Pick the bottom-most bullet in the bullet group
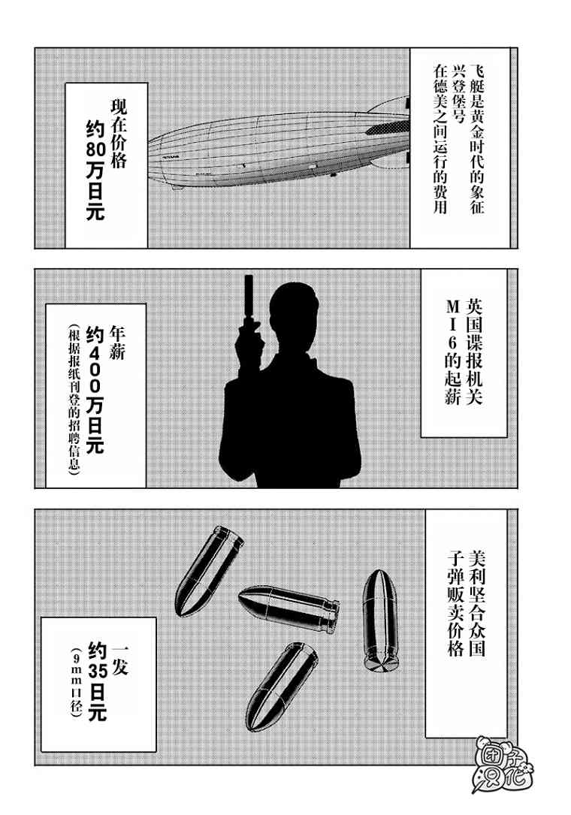[281, 686]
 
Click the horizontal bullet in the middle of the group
[289, 607]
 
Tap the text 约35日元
[98, 681]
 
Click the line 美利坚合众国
[476, 603]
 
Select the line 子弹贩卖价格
[455, 603]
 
